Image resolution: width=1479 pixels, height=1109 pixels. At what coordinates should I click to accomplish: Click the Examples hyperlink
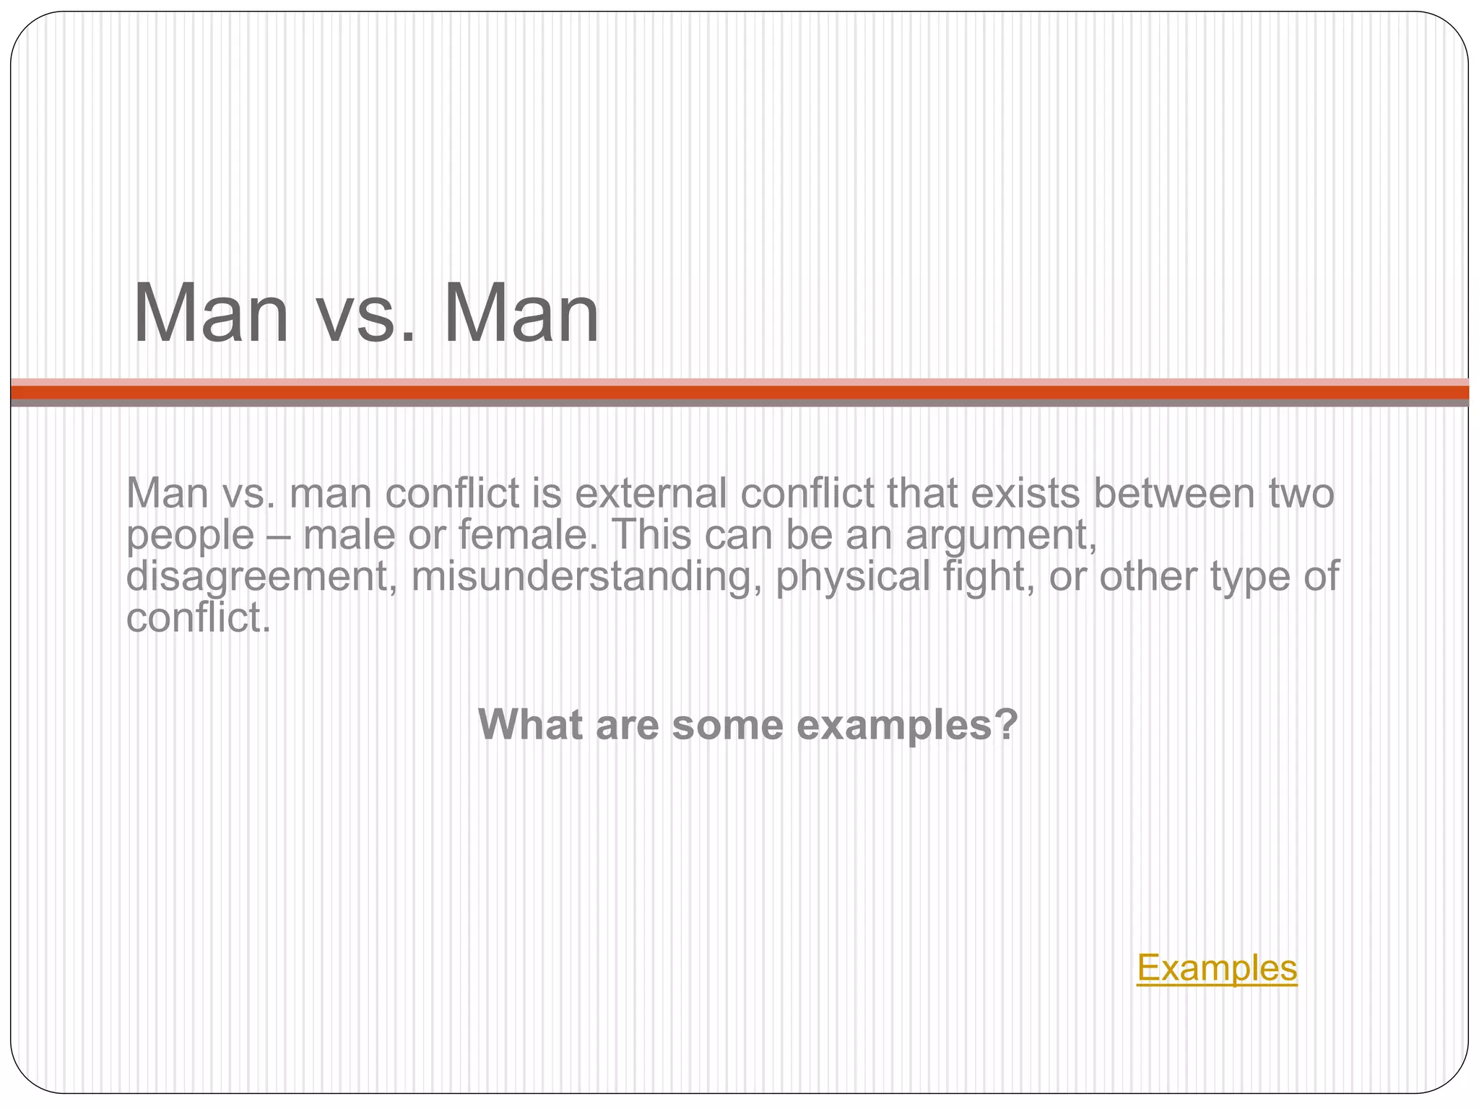(x=1217, y=967)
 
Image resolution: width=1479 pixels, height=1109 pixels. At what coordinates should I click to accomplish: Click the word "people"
(x=190, y=536)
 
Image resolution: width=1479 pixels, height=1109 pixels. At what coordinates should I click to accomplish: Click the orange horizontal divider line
(x=739, y=392)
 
